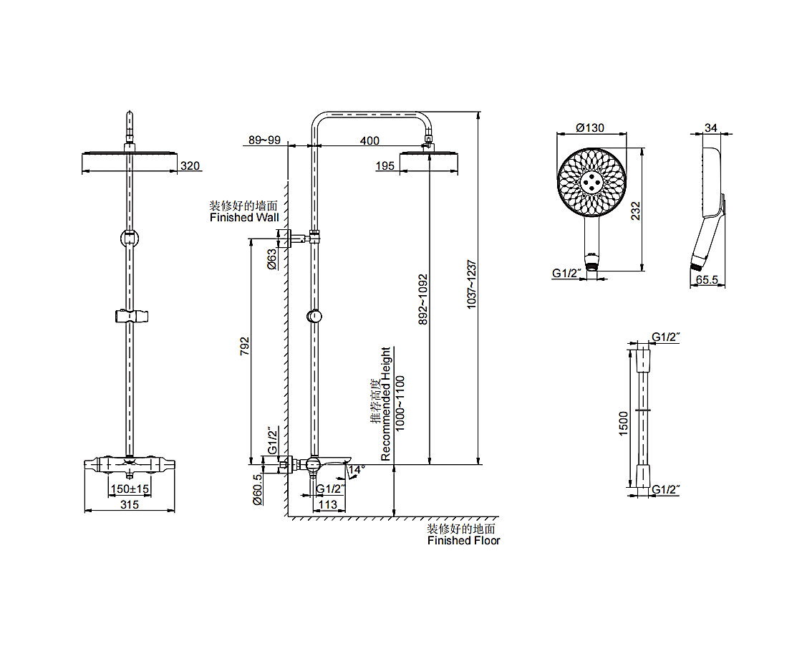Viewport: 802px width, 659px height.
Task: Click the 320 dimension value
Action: point(190,166)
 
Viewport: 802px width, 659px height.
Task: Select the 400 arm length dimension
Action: point(369,140)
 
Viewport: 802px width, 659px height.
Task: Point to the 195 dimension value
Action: point(385,166)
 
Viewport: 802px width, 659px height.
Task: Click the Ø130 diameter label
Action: point(590,128)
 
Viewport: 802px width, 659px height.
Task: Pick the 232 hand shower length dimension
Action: point(636,211)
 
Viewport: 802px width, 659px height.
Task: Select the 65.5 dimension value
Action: point(707,281)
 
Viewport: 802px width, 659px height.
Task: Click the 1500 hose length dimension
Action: point(624,423)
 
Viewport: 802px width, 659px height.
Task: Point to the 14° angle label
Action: point(357,468)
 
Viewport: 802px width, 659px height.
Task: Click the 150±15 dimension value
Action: point(129,489)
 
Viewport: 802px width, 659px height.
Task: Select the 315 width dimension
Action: point(129,504)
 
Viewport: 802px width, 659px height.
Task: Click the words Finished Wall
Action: point(244,217)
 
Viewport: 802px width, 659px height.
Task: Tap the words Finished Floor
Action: point(463,541)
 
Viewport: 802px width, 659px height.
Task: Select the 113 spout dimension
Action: point(327,504)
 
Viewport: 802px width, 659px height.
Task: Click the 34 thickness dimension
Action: point(710,128)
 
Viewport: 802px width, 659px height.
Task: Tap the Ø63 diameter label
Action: point(272,259)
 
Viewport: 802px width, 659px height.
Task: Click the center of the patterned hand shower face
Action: point(591,182)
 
